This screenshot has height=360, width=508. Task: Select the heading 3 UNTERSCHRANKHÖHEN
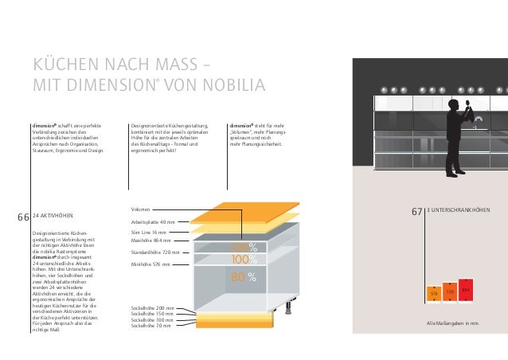click(x=459, y=211)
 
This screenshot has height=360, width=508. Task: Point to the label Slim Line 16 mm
click(x=148, y=232)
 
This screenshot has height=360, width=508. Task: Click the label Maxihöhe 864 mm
click(x=151, y=240)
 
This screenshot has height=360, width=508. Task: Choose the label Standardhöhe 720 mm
click(x=156, y=252)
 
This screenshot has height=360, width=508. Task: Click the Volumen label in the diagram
click(x=139, y=209)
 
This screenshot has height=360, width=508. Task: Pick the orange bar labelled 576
click(x=434, y=295)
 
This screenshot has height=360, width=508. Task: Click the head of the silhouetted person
click(x=452, y=104)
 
